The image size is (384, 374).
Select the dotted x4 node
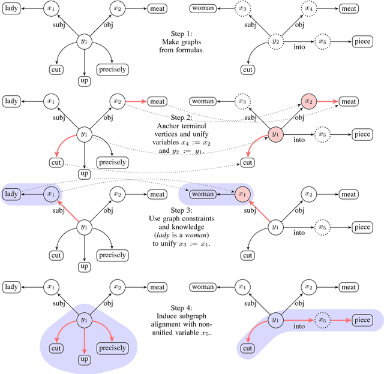308,9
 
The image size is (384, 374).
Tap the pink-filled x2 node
308,102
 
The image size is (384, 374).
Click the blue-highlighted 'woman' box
203,194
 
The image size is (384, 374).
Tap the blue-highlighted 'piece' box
362,321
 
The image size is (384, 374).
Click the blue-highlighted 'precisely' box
112,348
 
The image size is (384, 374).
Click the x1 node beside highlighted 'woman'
241,194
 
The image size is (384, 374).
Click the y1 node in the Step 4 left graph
84,320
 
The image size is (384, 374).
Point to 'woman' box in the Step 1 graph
203,9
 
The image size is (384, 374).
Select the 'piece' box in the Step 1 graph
362,41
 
